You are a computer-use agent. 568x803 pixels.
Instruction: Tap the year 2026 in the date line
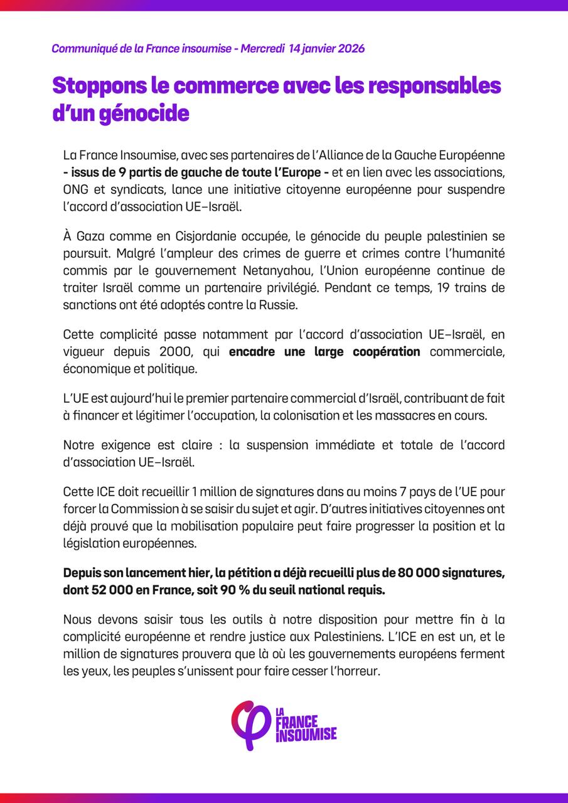347,49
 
